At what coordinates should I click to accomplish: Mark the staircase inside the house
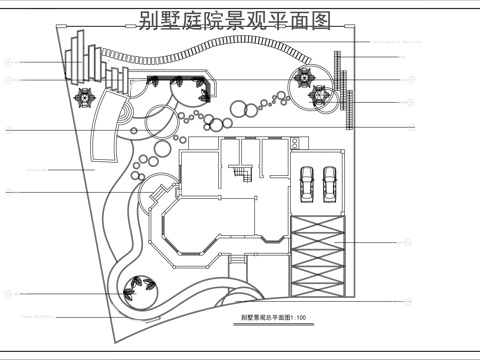[x=242, y=174]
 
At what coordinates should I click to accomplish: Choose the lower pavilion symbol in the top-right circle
[x=320, y=95]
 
